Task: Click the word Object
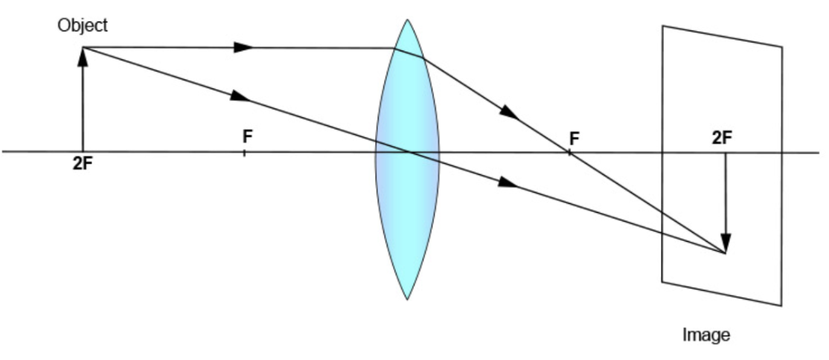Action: pos(83,25)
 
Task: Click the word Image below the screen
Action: pos(705,335)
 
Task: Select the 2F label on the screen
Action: pos(722,138)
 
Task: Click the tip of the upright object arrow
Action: pos(83,50)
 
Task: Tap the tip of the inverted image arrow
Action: pos(726,250)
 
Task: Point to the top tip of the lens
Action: pos(407,20)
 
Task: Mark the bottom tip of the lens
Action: pos(407,299)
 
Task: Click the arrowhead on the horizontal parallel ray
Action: pos(244,48)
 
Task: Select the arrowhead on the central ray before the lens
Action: pos(240,96)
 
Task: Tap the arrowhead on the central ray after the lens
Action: pos(508,182)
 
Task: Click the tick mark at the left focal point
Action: pos(245,152)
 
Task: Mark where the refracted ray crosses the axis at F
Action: pos(569,152)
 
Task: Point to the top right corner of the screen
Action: pos(782,47)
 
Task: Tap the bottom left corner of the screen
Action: pos(662,281)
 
